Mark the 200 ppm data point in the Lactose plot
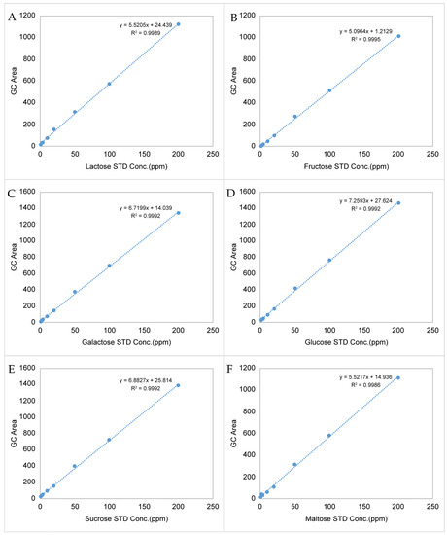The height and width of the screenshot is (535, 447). [178, 24]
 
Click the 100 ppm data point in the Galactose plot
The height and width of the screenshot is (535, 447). [109, 266]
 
